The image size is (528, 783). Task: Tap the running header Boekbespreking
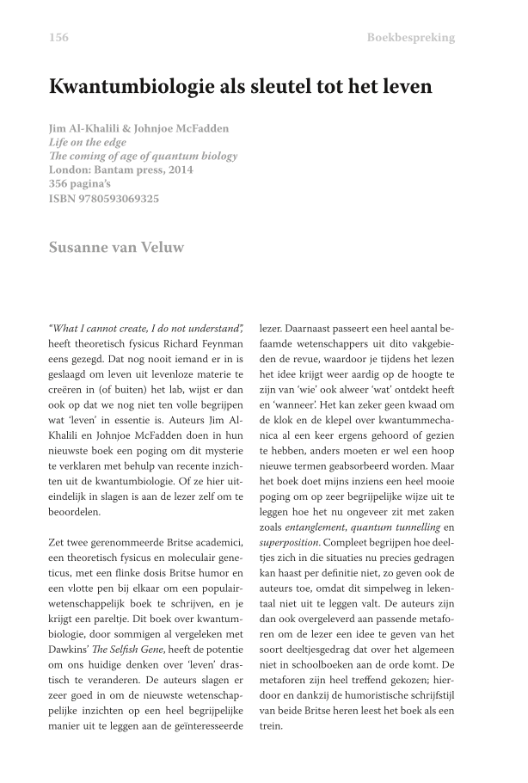(x=410, y=37)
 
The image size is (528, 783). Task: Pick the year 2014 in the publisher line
(x=178, y=170)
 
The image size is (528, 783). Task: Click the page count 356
(x=61, y=184)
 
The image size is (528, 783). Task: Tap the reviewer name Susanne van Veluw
(x=117, y=248)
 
